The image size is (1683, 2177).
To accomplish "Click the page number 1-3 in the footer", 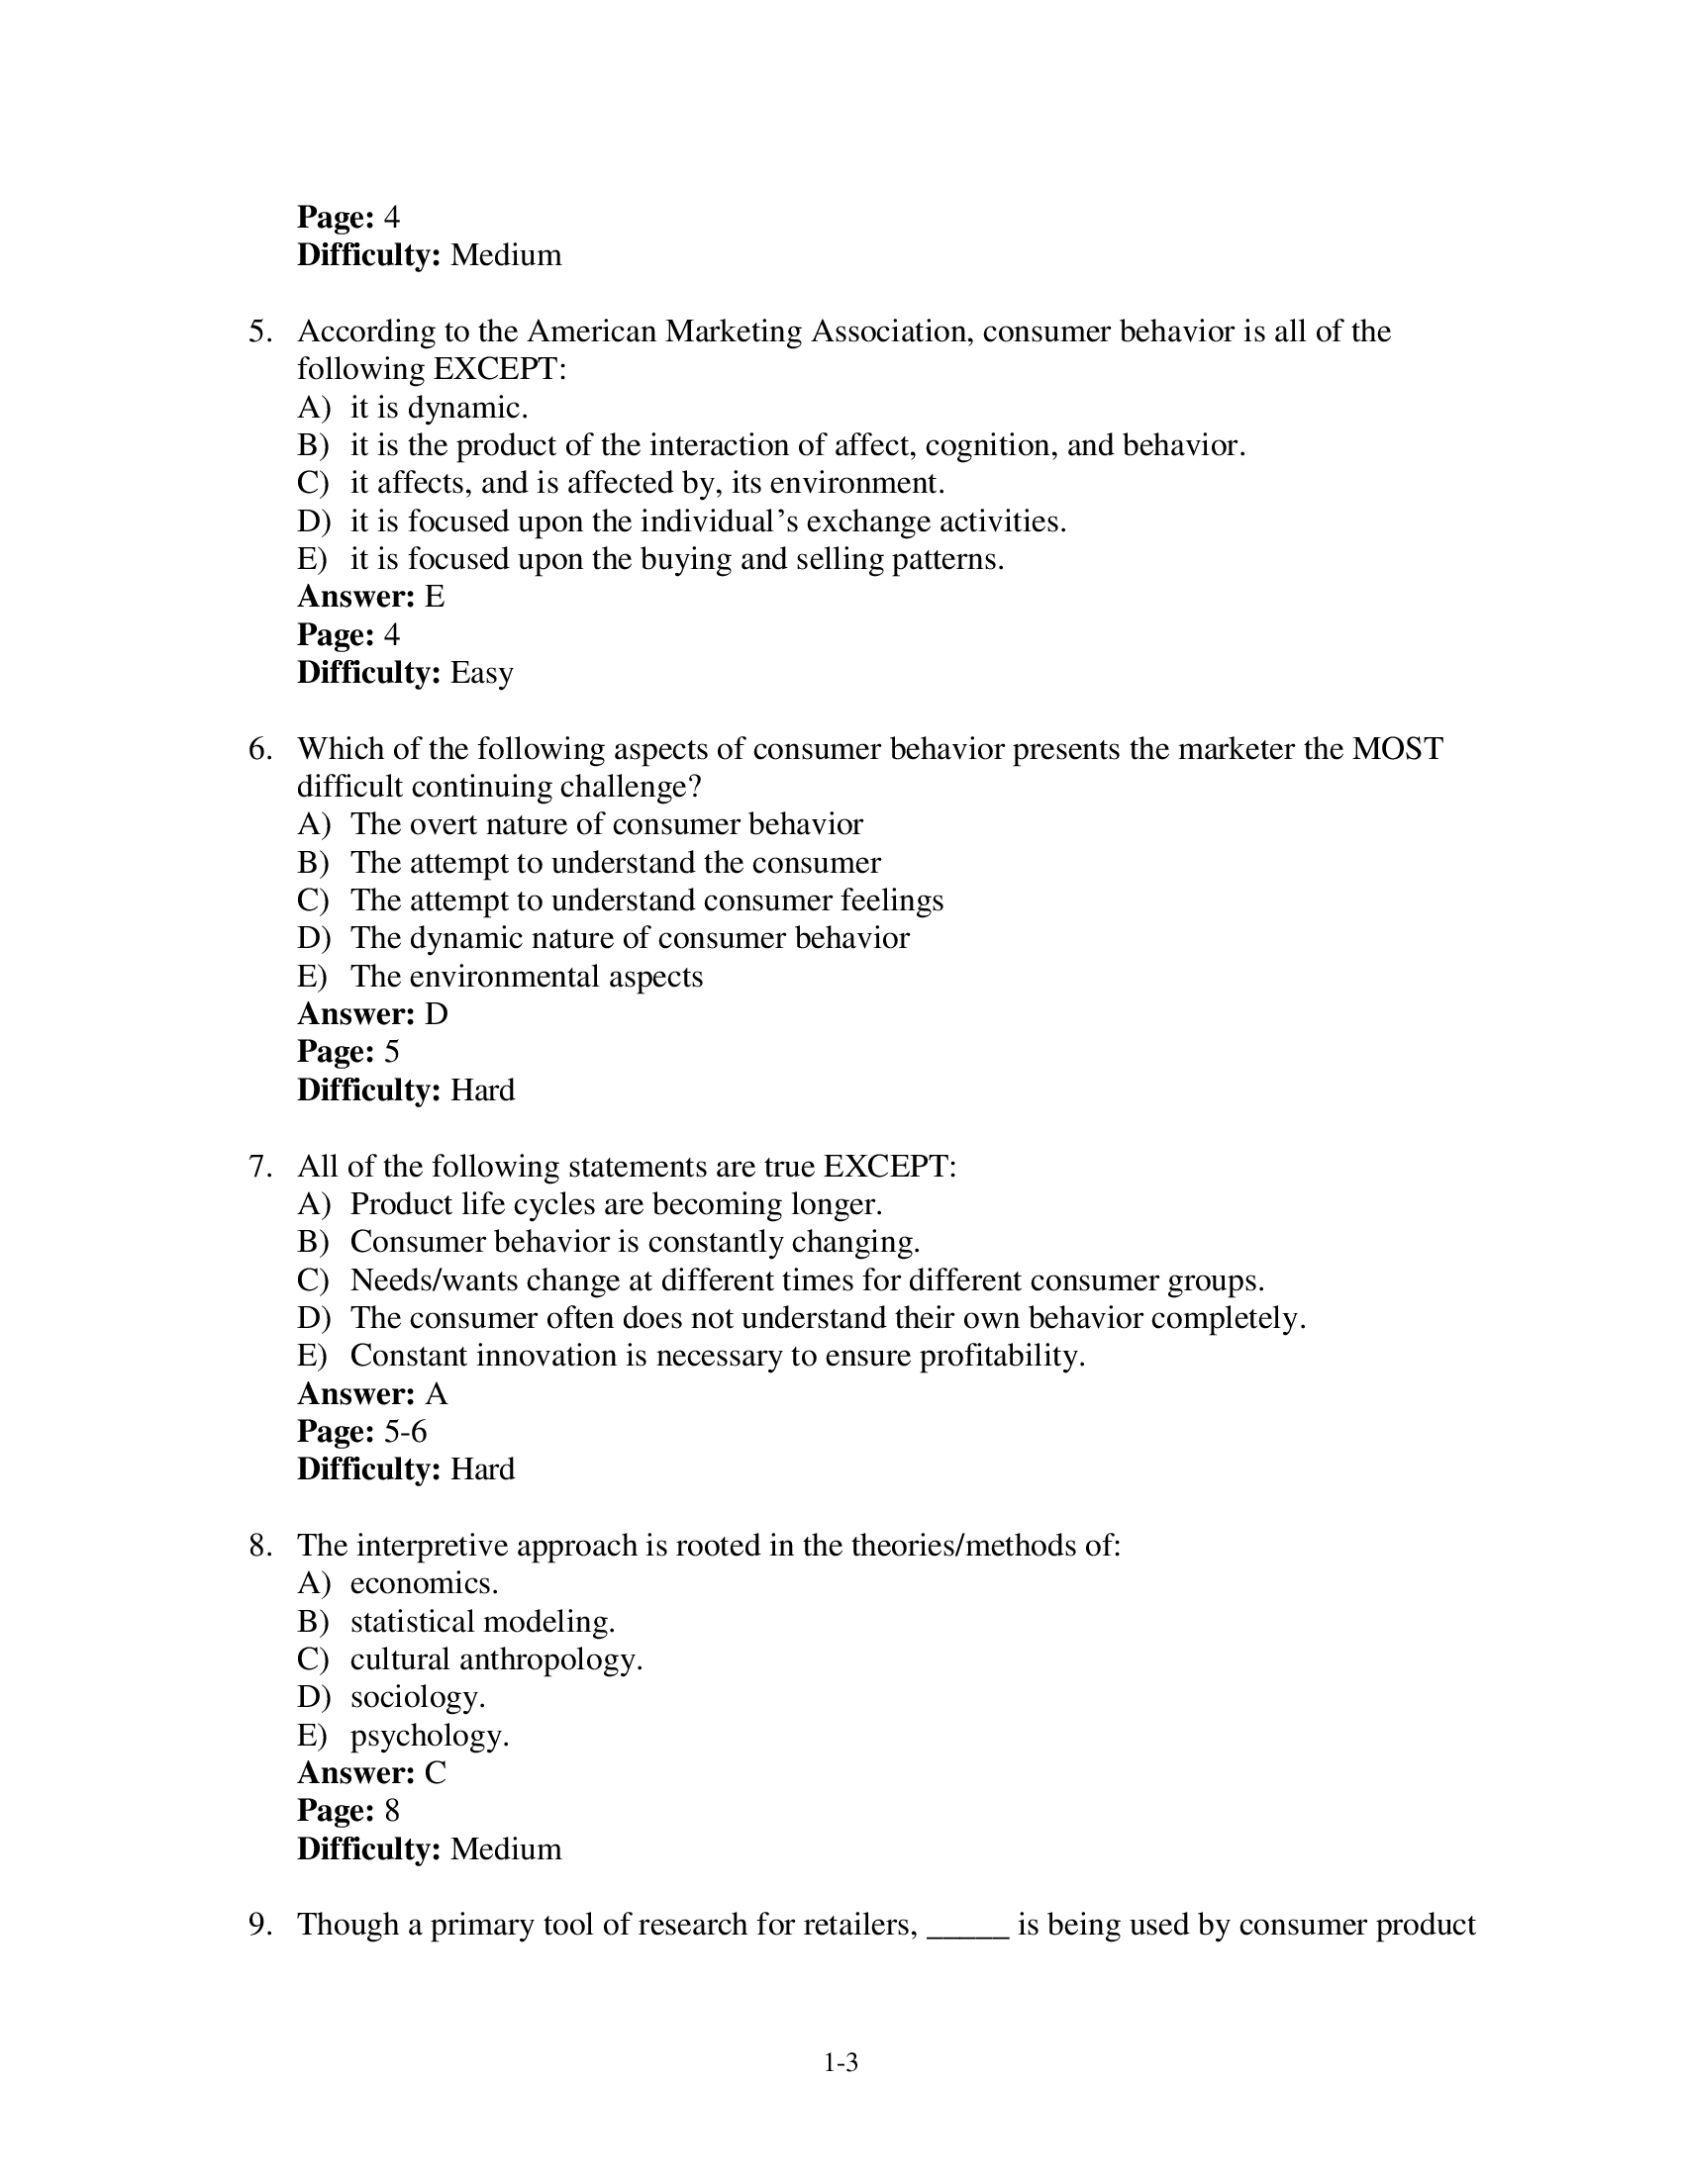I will click(x=841, y=2063).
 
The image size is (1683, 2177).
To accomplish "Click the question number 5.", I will click(x=260, y=331).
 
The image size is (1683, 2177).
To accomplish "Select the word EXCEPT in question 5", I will click(x=499, y=369).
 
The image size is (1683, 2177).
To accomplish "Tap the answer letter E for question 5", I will click(x=435, y=597).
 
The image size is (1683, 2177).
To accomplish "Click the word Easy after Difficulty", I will click(x=481, y=673).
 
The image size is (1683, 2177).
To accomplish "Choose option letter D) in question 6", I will click(x=313, y=938).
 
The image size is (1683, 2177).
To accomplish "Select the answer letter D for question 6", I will click(x=436, y=1014).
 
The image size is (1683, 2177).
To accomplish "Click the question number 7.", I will click(x=260, y=1167).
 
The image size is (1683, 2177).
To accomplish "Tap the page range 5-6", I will click(x=405, y=1433).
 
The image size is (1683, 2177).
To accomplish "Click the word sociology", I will click(x=417, y=1697).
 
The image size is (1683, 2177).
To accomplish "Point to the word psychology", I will click(x=429, y=1737).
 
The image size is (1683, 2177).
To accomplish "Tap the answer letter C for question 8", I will click(x=435, y=1773).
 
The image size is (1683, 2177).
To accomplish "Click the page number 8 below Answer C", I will click(x=391, y=1811).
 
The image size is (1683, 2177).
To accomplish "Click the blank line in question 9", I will click(x=968, y=1926).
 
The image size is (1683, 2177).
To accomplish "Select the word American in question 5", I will click(x=590, y=331).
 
